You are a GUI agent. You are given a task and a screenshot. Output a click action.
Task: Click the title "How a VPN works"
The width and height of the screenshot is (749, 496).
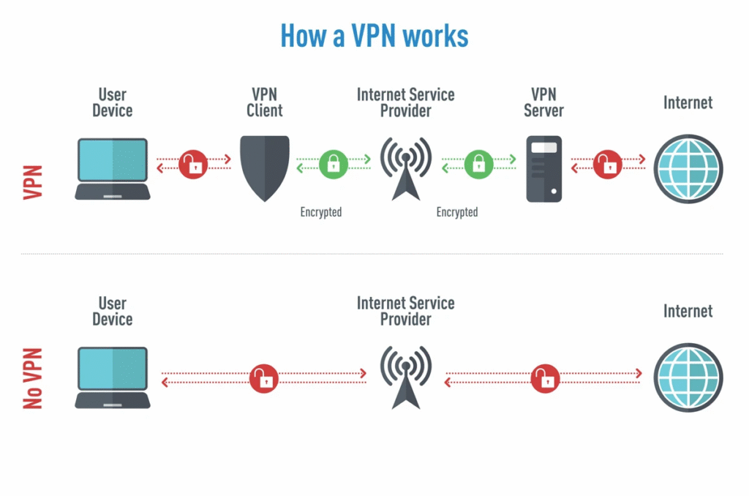tap(374, 35)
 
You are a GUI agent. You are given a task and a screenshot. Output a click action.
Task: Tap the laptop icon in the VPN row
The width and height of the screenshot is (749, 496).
tap(113, 169)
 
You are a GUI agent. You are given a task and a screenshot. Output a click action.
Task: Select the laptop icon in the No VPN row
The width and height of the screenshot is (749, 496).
tap(113, 377)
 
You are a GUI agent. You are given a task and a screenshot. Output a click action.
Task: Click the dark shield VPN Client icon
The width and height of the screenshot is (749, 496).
tap(265, 168)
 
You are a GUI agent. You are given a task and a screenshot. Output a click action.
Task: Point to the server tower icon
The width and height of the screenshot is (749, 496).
tap(543, 168)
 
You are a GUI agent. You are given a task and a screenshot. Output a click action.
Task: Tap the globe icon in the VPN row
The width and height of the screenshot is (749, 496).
tap(688, 168)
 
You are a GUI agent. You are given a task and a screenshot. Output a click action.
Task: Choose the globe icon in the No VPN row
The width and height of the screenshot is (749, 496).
tap(688, 377)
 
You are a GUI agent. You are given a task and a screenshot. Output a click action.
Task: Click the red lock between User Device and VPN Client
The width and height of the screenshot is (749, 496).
tap(194, 164)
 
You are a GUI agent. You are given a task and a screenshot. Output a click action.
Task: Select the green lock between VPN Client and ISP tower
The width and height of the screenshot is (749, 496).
tap(334, 164)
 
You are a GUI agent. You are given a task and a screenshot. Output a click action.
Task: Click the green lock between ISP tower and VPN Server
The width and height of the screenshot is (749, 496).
tap(478, 164)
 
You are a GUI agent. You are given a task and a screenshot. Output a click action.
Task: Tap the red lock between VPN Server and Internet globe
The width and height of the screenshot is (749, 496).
tap(607, 164)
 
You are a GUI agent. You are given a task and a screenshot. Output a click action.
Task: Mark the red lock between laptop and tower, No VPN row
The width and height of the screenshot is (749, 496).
tap(264, 378)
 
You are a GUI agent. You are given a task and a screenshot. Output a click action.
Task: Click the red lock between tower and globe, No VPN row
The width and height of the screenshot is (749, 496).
tap(545, 378)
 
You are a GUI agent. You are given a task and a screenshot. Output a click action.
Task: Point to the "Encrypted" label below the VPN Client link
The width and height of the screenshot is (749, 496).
tap(320, 212)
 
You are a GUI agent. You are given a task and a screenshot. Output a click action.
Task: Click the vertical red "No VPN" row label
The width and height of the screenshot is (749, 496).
tap(32, 377)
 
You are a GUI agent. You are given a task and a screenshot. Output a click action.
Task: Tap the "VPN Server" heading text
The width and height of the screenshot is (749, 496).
tap(543, 102)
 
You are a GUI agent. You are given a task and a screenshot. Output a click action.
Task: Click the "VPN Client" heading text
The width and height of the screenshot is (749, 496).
tap(264, 102)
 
